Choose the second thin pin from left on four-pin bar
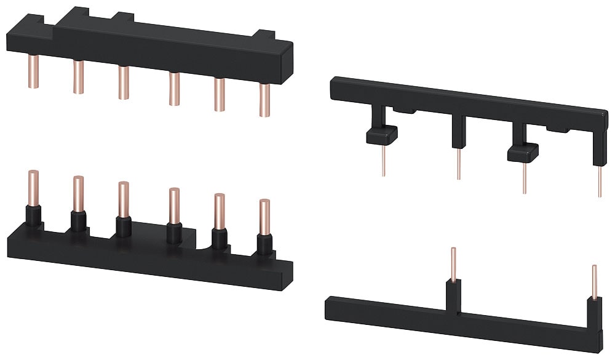459,164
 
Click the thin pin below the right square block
525,178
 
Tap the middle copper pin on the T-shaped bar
453,263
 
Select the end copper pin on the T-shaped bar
594,280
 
